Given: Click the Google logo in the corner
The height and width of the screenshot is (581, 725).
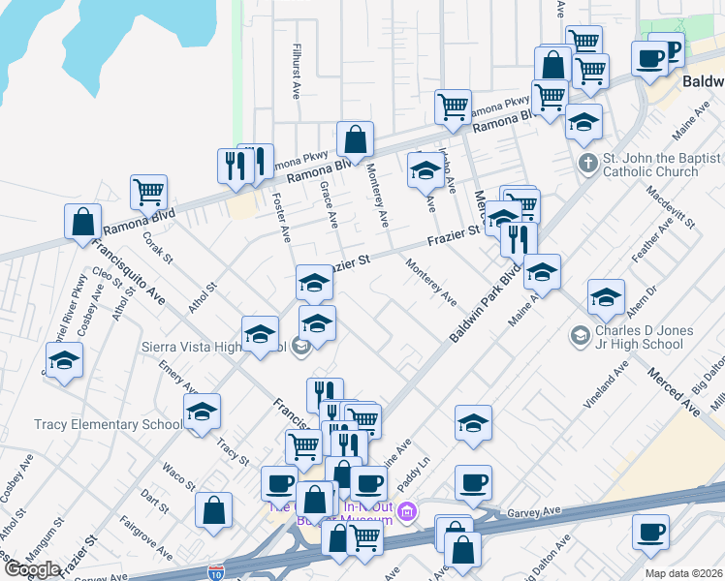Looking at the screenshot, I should click(x=31, y=569).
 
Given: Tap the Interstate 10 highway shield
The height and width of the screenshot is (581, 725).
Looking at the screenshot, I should click(x=217, y=573).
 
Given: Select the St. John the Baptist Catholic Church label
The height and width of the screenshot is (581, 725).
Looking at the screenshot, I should click(x=662, y=165).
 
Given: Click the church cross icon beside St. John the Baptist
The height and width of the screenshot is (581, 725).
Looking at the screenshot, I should click(x=587, y=163).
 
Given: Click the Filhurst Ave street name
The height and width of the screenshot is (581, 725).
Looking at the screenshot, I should click(x=297, y=70).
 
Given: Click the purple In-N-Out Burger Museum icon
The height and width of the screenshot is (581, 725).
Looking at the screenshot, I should click(x=408, y=510).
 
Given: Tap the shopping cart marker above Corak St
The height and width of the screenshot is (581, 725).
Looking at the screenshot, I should click(x=148, y=191).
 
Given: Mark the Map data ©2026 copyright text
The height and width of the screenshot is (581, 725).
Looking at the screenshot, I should click(x=683, y=573).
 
